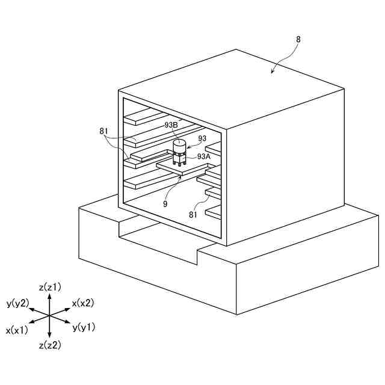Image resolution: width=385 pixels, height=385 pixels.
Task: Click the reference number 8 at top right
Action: point(299,39)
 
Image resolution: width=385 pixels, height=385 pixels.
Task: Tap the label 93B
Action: point(171,125)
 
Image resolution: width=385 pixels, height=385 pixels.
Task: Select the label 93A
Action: point(204,156)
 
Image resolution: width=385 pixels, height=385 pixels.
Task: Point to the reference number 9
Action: point(164,203)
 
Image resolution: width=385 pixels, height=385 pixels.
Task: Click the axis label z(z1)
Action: point(50,287)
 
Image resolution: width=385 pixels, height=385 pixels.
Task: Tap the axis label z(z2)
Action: point(50,345)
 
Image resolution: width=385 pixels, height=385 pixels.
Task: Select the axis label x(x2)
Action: point(83,303)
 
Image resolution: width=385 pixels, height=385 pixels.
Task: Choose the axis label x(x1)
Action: point(17,330)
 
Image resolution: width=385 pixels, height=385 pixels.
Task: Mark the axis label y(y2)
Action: point(17,303)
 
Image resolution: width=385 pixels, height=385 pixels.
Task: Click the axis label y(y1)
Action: point(84,328)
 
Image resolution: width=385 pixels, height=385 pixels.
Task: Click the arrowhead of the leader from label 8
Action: point(272,73)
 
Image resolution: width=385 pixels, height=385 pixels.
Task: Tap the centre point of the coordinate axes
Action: point(50,315)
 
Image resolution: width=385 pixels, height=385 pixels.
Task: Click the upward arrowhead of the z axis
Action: point(50,295)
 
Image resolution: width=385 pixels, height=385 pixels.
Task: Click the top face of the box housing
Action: point(235,87)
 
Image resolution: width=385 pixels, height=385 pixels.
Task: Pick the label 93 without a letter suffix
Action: point(202,138)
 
